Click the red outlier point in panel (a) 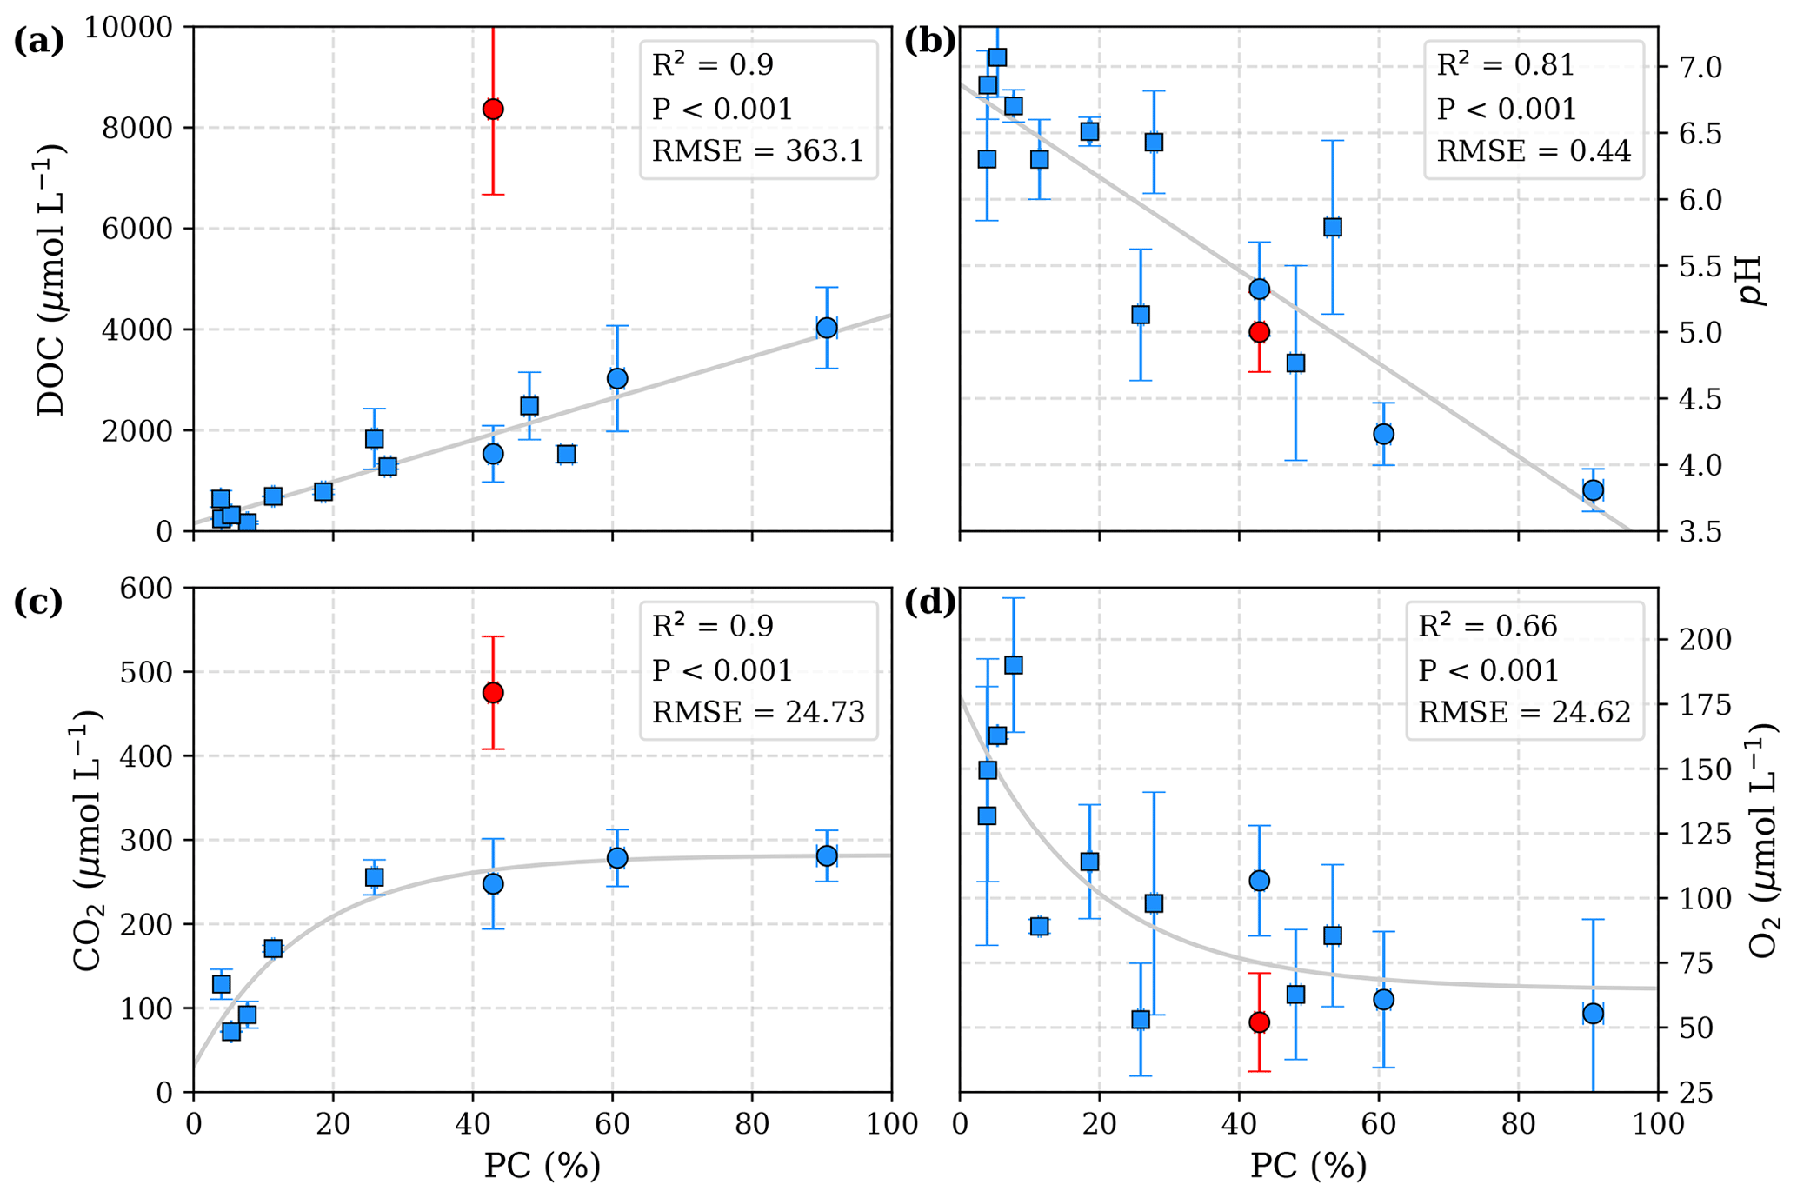click(493, 110)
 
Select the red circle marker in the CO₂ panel click(493, 693)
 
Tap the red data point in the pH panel click(1259, 332)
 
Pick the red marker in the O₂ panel click(1259, 1022)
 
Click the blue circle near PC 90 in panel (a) click(827, 328)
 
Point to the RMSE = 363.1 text click(758, 152)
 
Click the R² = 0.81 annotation click(1506, 65)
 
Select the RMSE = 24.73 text click(758, 713)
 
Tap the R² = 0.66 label click(1488, 626)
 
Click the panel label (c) click(38, 602)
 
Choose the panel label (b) click(929, 41)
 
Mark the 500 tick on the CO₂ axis click(153, 673)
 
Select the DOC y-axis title click(52, 280)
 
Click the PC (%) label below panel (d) click(1308, 1166)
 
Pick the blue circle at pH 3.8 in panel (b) click(1593, 491)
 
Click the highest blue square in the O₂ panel click(1013, 665)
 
